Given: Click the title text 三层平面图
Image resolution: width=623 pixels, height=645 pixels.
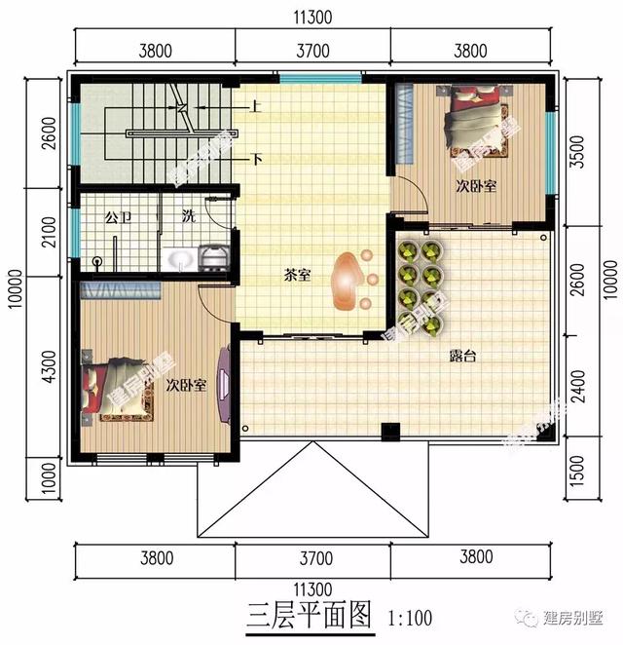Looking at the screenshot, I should (x=309, y=617).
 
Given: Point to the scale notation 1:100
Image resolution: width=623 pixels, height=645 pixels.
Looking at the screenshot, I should (x=409, y=619).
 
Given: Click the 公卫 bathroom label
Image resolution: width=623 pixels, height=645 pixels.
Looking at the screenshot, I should (x=118, y=215).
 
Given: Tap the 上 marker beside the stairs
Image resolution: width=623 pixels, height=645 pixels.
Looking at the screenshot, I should (x=255, y=107).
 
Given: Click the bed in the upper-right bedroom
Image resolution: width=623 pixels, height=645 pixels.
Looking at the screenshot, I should (x=477, y=120).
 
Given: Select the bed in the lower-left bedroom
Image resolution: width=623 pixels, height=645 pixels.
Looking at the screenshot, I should (x=110, y=390).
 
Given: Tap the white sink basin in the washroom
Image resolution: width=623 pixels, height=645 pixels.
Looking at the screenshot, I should (x=181, y=258).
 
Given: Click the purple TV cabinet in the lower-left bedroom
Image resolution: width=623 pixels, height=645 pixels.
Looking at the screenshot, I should (x=226, y=384).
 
